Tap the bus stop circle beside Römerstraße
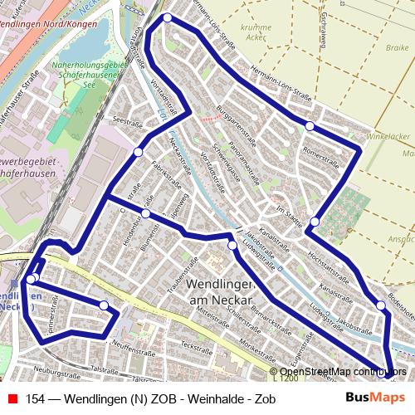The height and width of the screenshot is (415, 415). [x=310, y=126]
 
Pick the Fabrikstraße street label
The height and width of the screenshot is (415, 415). [x=163, y=166]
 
